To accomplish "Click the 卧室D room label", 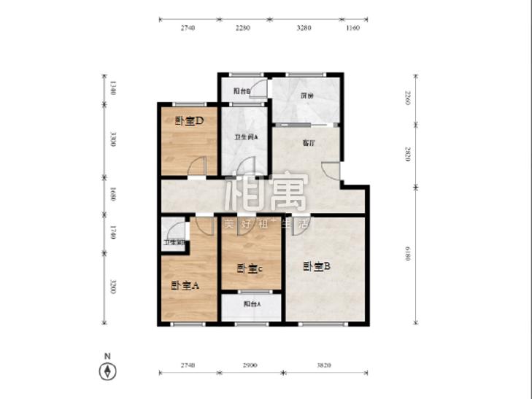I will [188, 121].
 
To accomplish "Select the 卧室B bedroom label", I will [317, 267].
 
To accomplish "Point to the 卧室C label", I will [250, 268].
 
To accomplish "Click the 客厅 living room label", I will [288, 143].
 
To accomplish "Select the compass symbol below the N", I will [107, 372].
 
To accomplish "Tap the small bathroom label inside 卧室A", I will [173, 242].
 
